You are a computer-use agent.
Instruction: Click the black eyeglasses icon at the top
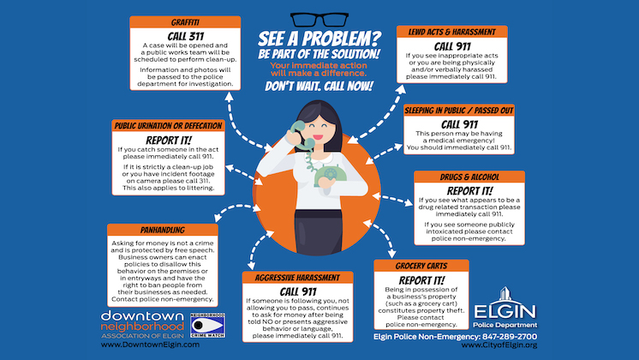click(319, 20)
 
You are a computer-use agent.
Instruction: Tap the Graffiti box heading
click(185, 22)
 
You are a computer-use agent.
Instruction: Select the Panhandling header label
click(163, 230)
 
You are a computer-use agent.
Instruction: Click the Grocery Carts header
click(421, 266)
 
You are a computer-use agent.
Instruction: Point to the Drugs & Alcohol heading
click(469, 177)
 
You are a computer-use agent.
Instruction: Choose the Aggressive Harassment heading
click(297, 278)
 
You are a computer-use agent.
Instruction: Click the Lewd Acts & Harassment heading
click(452, 32)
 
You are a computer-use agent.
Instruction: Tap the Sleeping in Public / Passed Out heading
click(459, 111)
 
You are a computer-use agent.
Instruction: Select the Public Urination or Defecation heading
click(168, 126)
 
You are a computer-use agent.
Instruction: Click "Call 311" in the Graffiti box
click(185, 36)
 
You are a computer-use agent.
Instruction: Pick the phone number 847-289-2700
click(510, 337)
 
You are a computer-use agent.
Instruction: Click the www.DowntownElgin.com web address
click(151, 345)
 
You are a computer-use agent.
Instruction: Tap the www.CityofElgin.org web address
click(499, 345)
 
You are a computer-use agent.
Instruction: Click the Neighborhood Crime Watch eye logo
click(208, 326)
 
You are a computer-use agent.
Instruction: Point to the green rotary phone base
click(330, 176)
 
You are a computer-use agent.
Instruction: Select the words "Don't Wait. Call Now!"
click(319, 86)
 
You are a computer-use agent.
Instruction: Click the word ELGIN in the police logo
click(505, 312)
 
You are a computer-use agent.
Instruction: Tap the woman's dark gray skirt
click(319, 233)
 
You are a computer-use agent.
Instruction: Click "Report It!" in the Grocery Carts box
click(421, 280)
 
